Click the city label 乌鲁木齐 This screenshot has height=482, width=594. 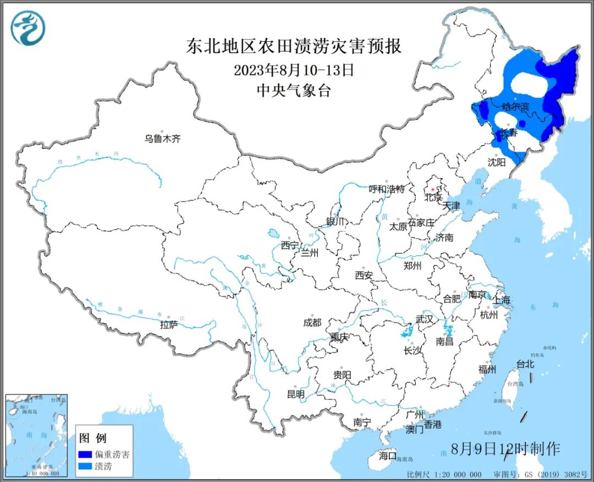[x=162, y=139]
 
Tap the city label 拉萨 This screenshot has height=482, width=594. [x=169, y=325]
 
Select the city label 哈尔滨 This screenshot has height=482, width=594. [x=515, y=107]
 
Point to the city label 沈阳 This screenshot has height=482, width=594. [x=496, y=162]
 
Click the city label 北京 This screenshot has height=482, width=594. [x=433, y=197]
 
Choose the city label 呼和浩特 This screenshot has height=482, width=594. [x=386, y=190]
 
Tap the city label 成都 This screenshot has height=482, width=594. [x=312, y=323]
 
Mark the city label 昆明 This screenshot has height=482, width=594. [x=295, y=394]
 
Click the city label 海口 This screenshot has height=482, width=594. [x=387, y=455]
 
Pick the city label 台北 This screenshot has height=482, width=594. [x=525, y=364]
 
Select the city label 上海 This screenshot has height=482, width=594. [x=502, y=300]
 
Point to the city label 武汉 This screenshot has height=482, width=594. [x=424, y=319]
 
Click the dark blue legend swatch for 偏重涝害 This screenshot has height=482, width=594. [x=85, y=455]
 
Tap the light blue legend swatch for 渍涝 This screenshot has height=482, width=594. [x=85, y=467]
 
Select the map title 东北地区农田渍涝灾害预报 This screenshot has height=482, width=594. [x=294, y=46]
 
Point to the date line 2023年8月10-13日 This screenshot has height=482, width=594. [x=294, y=70]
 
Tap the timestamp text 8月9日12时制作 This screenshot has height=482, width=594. [x=505, y=448]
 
